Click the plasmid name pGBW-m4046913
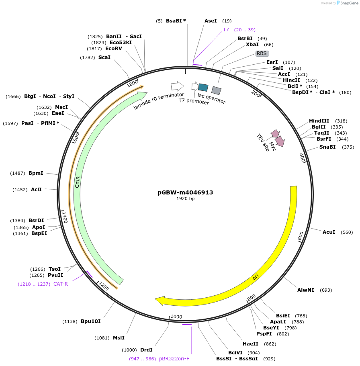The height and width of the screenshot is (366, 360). pyautogui.click(x=185, y=192)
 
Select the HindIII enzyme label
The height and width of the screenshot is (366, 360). pyautogui.click(x=319, y=121)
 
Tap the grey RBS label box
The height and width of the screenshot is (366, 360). pyautogui.click(x=262, y=53)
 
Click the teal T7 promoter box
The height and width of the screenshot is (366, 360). pyautogui.click(x=203, y=88)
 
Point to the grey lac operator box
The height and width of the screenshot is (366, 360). pyautogui.click(x=217, y=90)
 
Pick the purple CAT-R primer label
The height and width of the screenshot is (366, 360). pyautogui.click(x=61, y=284)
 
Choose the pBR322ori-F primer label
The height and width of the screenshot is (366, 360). pyautogui.click(x=174, y=359)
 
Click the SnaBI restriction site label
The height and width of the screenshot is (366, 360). pyautogui.click(x=327, y=147)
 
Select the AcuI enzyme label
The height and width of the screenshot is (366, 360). pyautogui.click(x=329, y=232)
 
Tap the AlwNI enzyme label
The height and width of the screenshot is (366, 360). pyautogui.click(x=306, y=290)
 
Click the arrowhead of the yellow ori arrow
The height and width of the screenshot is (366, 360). pyautogui.click(x=160, y=300)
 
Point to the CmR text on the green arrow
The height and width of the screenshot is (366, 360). pyautogui.click(x=78, y=181)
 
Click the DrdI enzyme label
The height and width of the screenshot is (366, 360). pyautogui.click(x=146, y=350)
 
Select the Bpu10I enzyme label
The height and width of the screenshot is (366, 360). pyautogui.click(x=90, y=321)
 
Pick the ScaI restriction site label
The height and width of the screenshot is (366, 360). pyautogui.click(x=104, y=57)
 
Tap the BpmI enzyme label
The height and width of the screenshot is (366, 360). pyautogui.click(x=36, y=173)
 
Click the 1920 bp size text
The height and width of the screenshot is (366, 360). pyautogui.click(x=185, y=199)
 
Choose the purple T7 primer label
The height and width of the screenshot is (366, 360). pyautogui.click(x=226, y=30)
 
